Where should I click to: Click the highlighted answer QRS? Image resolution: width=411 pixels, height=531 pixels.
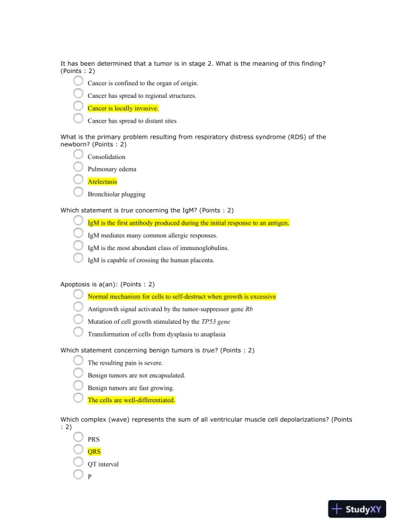pos(94,451)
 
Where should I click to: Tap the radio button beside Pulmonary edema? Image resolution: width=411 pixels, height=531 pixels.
pos(79,168)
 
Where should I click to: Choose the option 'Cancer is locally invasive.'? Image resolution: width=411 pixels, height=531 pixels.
pos(123,108)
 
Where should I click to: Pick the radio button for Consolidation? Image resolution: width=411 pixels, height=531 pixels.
pos(79,155)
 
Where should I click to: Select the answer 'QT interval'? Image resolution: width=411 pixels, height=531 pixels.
pos(103,463)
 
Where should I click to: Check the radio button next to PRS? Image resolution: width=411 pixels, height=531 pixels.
pos(79,437)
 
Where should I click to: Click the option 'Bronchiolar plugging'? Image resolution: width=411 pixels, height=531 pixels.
pos(116,194)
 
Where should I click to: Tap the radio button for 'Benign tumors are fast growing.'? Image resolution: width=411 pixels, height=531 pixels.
pos(79,386)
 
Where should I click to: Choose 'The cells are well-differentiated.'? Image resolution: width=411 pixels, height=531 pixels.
pos(132,400)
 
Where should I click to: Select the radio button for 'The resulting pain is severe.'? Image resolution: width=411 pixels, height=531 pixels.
pos(79,361)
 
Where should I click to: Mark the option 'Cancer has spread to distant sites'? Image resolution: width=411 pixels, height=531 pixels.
pos(132,121)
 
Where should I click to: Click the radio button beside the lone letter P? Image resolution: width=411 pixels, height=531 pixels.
pos(79,475)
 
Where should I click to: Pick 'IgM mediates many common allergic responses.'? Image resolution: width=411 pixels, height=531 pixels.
pos(152,235)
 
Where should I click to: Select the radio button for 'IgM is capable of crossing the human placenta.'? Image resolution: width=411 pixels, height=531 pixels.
pos(79,259)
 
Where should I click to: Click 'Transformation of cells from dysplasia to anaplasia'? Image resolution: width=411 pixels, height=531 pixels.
pos(156,334)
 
